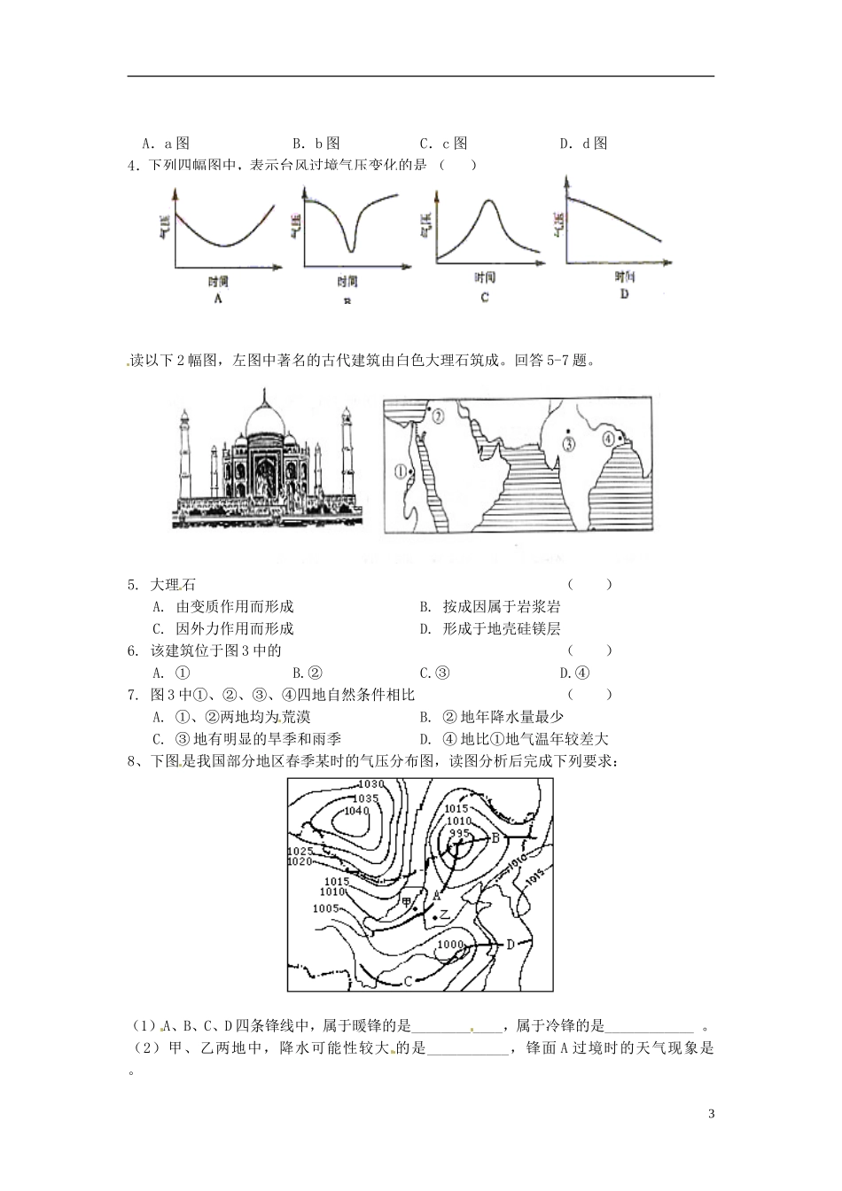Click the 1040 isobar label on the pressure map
point(356,811)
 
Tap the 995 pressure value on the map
point(458,833)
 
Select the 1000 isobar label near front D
point(451,945)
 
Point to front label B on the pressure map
point(496,837)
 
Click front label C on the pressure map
point(408,980)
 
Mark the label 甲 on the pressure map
point(408,900)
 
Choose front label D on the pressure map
point(511,945)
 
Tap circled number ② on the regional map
point(436,415)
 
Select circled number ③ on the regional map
point(569,444)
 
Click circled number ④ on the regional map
point(609,438)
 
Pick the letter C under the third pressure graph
point(485,298)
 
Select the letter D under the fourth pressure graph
point(624,293)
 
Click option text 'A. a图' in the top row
point(166,143)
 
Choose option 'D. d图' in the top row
point(583,143)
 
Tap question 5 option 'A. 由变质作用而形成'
point(222,607)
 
